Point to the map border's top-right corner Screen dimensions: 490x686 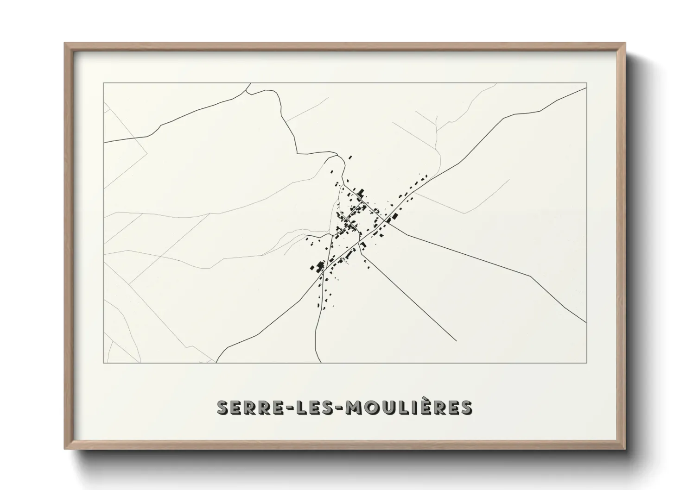pyautogui.click(x=586, y=83)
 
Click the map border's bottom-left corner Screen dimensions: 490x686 pyautogui.click(x=104, y=363)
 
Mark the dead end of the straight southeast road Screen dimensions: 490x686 pyautogui.click(x=457, y=341)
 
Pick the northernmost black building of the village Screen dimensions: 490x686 pyautogui.click(x=350, y=158)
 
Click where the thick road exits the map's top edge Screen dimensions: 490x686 pyautogui.click(x=251, y=83)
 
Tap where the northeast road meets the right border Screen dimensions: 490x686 pyautogui.click(x=586, y=88)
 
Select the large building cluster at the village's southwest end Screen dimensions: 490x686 pyautogui.click(x=318, y=267)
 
